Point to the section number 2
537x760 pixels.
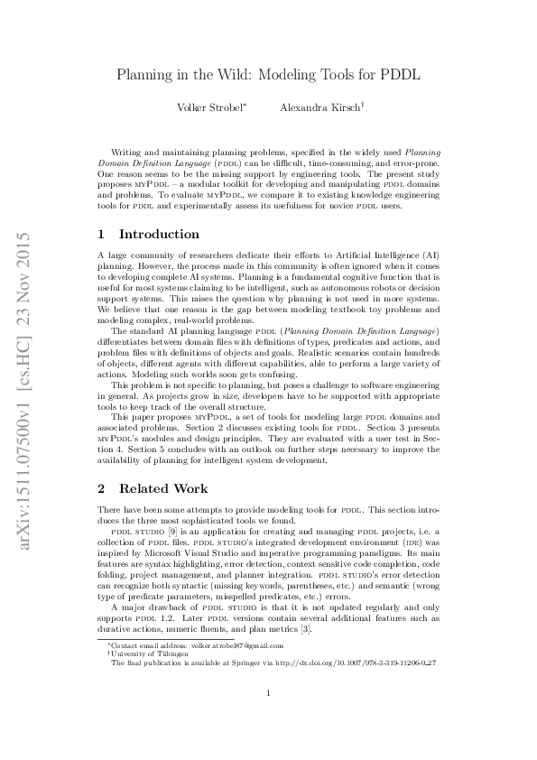click(102, 488)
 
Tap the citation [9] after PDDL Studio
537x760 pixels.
click(162, 533)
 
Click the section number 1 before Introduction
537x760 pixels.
click(102, 234)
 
